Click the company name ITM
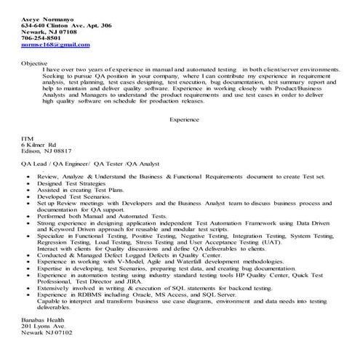coord(27,138)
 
